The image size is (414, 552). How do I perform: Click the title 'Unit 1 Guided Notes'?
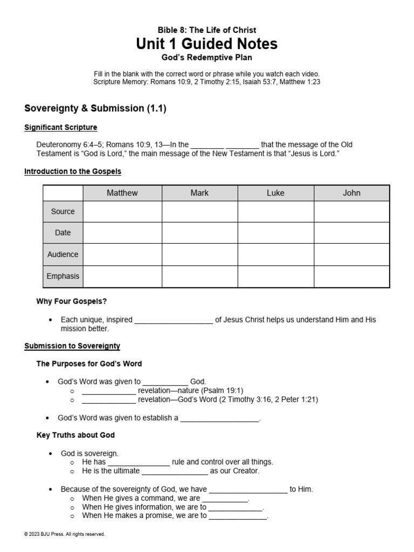pyautogui.click(x=207, y=44)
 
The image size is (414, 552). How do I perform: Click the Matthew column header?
pyautogui.click(x=122, y=193)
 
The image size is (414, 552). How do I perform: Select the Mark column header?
pyautogui.click(x=199, y=193)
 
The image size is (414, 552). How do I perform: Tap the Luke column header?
pyautogui.click(x=275, y=193)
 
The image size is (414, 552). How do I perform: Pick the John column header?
pyautogui.click(x=351, y=193)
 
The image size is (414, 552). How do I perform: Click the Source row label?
pyautogui.click(x=63, y=211)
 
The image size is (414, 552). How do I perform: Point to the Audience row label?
pyautogui.click(x=63, y=254)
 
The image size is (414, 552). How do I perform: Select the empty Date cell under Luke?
pyautogui.click(x=275, y=233)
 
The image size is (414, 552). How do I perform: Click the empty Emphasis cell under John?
pyautogui.click(x=351, y=276)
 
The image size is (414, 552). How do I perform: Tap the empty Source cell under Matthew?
pyautogui.click(x=122, y=211)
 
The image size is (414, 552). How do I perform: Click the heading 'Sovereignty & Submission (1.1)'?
pyautogui.click(x=95, y=108)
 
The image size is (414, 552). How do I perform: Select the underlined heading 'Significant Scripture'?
pyautogui.click(x=61, y=127)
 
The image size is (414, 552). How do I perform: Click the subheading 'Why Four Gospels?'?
pyautogui.click(x=68, y=301)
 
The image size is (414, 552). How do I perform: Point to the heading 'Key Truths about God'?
pyautogui.click(x=75, y=435)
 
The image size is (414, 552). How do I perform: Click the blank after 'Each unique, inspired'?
pyautogui.click(x=174, y=320)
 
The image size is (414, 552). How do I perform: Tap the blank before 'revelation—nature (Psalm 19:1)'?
pyautogui.click(x=109, y=391)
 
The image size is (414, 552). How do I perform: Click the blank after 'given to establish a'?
pyautogui.click(x=219, y=418)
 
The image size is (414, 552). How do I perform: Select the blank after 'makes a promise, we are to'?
pyautogui.click(x=238, y=516)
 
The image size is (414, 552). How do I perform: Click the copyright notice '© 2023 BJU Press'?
pyautogui.click(x=65, y=534)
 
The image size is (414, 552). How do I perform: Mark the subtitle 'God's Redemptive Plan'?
pyautogui.click(x=207, y=57)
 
